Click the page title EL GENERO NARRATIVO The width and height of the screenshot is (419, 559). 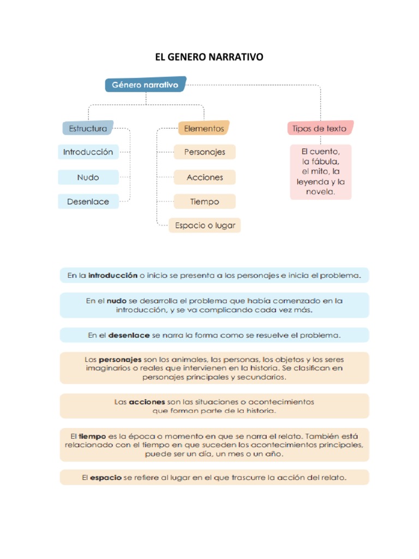209,57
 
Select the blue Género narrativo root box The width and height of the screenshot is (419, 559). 145,85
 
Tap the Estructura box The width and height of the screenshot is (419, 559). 88,129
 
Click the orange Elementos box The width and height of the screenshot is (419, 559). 203,129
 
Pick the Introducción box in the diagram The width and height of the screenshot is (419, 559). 88,152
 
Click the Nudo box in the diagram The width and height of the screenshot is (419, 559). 88,177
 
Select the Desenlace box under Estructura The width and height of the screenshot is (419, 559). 88,201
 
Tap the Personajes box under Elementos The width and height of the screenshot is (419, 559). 205,152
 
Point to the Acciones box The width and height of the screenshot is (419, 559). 205,177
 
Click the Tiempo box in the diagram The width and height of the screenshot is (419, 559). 205,201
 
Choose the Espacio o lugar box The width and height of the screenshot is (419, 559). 205,225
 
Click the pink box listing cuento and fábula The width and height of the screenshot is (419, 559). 321,171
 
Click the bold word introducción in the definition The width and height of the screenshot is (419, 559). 113,276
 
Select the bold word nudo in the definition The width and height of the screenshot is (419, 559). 116,301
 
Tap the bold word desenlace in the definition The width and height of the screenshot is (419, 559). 129,335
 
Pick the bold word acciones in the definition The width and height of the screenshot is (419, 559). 147,402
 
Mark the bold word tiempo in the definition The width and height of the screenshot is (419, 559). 92,436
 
